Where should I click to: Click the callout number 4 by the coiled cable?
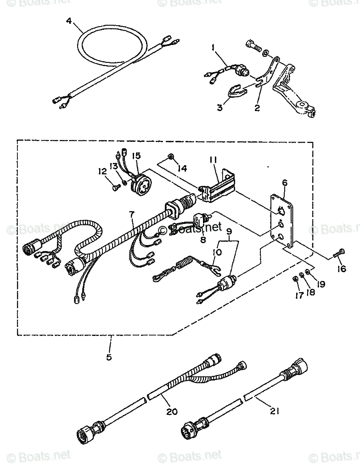(69, 21)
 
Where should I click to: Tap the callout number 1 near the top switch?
(213, 47)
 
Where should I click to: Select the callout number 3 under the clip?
(220, 107)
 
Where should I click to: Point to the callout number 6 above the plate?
(285, 183)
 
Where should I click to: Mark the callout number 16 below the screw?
(341, 269)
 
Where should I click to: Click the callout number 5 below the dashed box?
(109, 357)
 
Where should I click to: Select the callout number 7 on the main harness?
(132, 213)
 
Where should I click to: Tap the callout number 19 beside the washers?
(320, 284)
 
